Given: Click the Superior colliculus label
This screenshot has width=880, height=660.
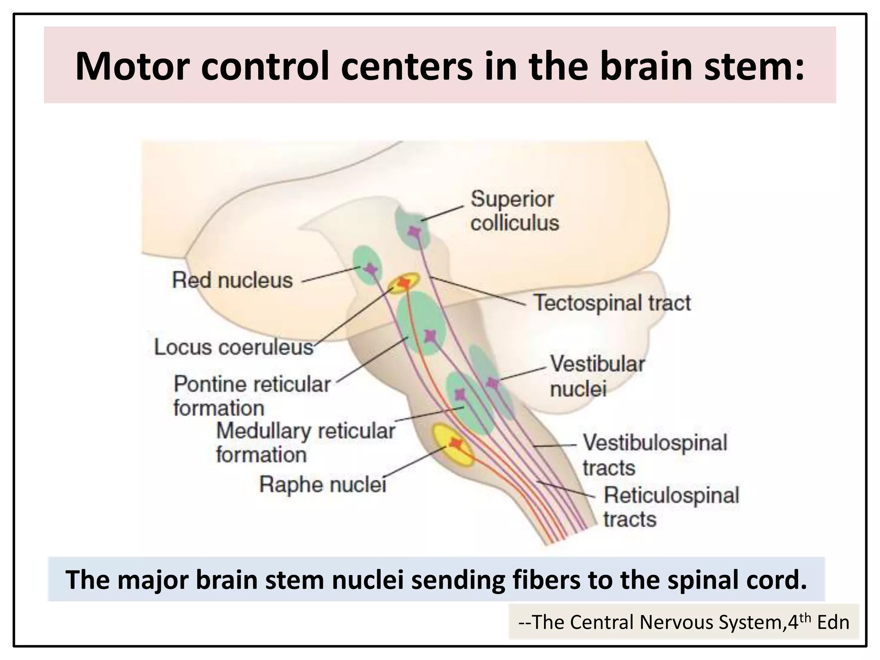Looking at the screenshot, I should pyautogui.click(x=514, y=211).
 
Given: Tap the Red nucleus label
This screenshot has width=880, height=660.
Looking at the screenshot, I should pyautogui.click(x=232, y=281).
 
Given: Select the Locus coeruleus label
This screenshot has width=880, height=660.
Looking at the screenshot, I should pyautogui.click(x=234, y=347).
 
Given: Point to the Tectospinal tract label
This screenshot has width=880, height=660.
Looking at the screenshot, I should pyautogui.click(x=612, y=303).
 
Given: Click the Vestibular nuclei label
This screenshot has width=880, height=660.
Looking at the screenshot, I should pyautogui.click(x=597, y=376).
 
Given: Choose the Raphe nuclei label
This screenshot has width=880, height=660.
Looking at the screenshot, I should pyautogui.click(x=323, y=485).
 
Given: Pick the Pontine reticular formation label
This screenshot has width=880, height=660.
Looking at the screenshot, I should pyautogui.click(x=252, y=396).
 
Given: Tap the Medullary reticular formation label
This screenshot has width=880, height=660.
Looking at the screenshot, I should pyautogui.click(x=305, y=443).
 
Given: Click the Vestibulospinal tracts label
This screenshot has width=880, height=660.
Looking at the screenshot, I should pyautogui.click(x=654, y=455).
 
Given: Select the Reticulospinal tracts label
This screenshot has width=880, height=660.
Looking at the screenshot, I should pyautogui.click(x=671, y=507).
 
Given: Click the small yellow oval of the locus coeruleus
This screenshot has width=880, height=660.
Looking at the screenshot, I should pyautogui.click(x=403, y=283).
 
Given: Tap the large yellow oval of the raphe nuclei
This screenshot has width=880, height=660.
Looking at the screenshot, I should pyautogui.click(x=452, y=445).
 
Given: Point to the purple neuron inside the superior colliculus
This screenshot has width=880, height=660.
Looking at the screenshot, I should pyautogui.click(x=414, y=232).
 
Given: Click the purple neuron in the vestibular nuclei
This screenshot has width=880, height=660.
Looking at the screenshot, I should pyautogui.click(x=492, y=382).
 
